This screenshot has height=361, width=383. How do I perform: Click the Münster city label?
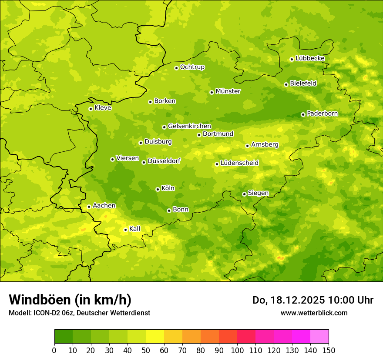(x=228, y=91)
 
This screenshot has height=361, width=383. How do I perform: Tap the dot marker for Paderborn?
(x=303, y=114)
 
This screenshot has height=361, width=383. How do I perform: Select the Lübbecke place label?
(x=310, y=58)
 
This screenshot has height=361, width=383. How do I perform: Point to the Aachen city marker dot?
(x=89, y=207)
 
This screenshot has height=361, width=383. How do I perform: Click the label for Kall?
(x=134, y=229)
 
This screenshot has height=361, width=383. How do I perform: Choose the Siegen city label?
(x=258, y=193)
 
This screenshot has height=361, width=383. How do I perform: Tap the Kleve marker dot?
(x=91, y=109)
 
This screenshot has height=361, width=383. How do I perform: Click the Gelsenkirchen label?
(x=189, y=126)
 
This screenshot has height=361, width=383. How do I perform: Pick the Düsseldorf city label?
(x=164, y=161)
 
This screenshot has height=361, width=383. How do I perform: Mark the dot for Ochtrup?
(x=176, y=68)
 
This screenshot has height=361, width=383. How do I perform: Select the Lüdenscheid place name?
(x=239, y=163)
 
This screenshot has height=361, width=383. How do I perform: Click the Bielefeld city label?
(x=303, y=84)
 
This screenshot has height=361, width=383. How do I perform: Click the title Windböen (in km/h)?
(x=70, y=300)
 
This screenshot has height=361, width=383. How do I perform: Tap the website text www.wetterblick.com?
(x=314, y=313)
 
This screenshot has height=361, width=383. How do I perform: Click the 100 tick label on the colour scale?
(x=237, y=350)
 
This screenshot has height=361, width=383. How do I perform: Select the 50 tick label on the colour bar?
(x=146, y=350)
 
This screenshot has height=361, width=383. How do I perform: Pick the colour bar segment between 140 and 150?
(x=319, y=337)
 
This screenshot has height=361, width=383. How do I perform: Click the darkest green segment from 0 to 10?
(x=64, y=337)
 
